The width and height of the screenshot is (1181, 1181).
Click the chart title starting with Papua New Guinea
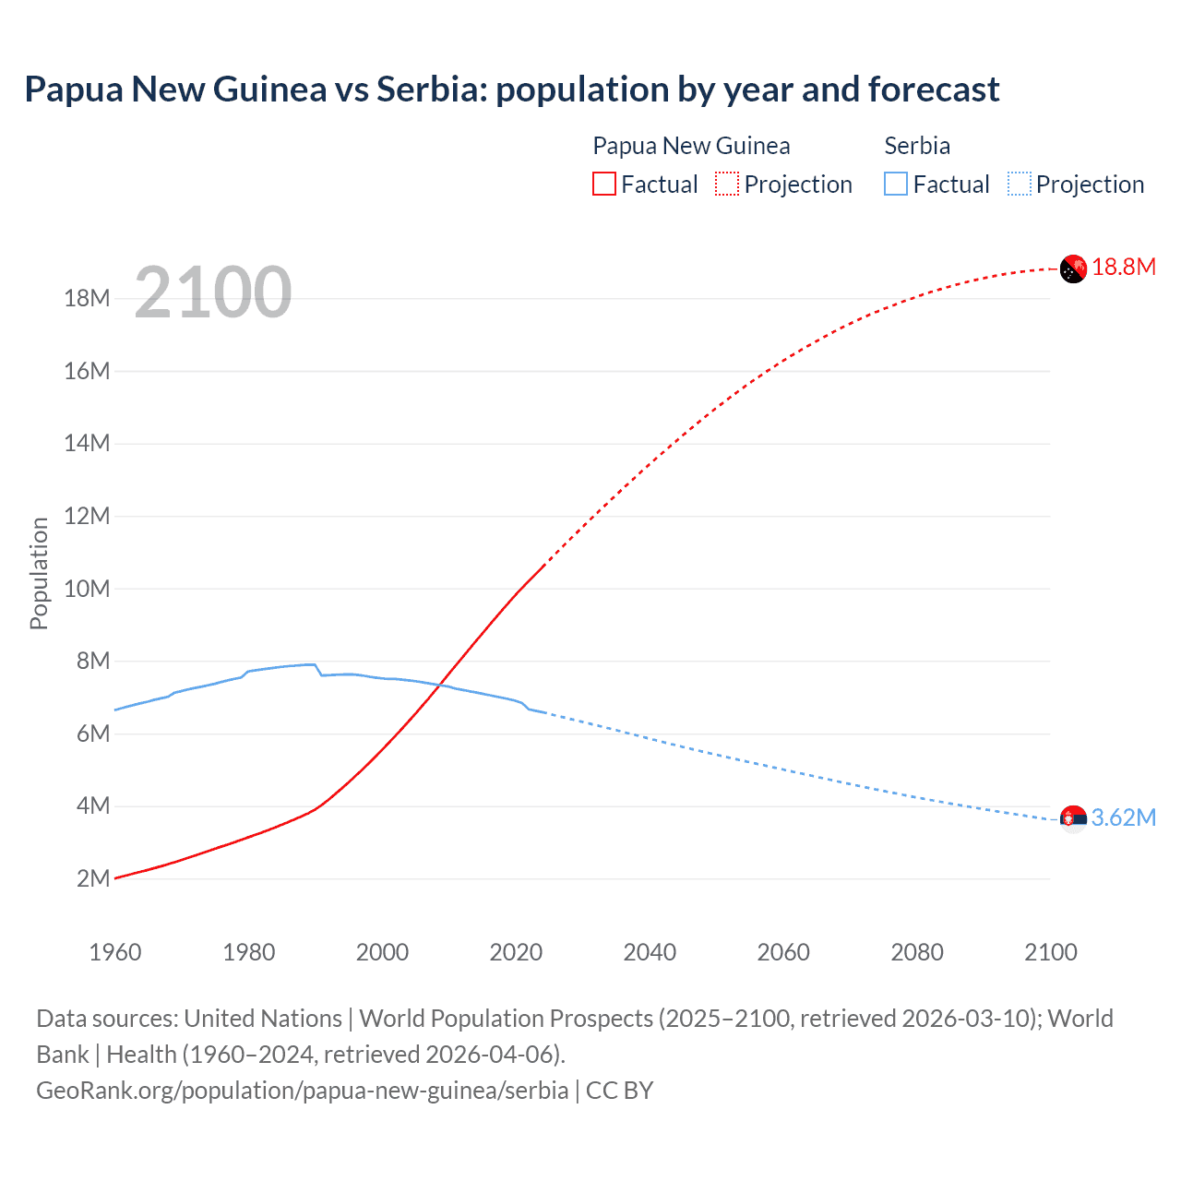(x=512, y=89)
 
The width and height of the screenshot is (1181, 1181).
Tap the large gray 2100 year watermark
(x=213, y=292)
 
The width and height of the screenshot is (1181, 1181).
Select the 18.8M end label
(x=1124, y=268)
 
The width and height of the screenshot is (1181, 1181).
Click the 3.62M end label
(x=1124, y=817)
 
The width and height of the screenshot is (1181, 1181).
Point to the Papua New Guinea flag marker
(x=1073, y=268)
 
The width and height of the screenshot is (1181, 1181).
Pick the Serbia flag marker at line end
(x=1073, y=818)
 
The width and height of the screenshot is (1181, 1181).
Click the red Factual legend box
(x=603, y=185)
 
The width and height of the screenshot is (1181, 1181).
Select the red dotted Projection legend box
(x=727, y=185)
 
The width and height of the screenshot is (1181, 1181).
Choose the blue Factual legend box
(x=896, y=185)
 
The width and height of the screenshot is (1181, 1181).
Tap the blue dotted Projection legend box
(x=1020, y=185)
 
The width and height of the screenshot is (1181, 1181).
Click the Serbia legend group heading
(x=917, y=146)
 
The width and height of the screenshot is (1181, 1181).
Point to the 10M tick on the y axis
(x=87, y=589)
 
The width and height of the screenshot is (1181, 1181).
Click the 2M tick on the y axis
(x=93, y=878)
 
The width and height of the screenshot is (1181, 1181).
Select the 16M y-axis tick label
(x=87, y=371)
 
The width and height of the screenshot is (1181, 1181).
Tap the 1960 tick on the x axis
(x=115, y=952)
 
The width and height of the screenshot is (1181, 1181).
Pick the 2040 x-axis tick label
(x=650, y=952)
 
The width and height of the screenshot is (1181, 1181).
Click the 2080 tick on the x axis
(x=917, y=952)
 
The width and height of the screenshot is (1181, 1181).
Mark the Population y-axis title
(x=39, y=573)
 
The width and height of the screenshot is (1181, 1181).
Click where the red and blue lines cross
(x=439, y=684)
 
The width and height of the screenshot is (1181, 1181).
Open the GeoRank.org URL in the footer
(x=302, y=1091)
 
